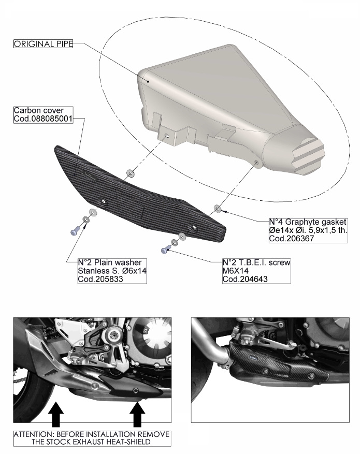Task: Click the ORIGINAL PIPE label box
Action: pos(43,44)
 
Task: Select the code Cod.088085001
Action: pos(43,119)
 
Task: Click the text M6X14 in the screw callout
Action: pos(236,271)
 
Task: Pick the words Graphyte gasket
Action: pos(315,222)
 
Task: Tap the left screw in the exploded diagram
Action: pos(75,231)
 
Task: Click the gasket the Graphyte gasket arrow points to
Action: pos(217,208)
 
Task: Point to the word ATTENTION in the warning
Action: pos(33,434)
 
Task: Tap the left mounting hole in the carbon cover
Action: pos(102,202)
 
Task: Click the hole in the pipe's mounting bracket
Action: pos(167,136)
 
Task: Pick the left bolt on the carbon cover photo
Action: pos(265,371)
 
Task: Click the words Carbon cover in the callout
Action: pos(38,110)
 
